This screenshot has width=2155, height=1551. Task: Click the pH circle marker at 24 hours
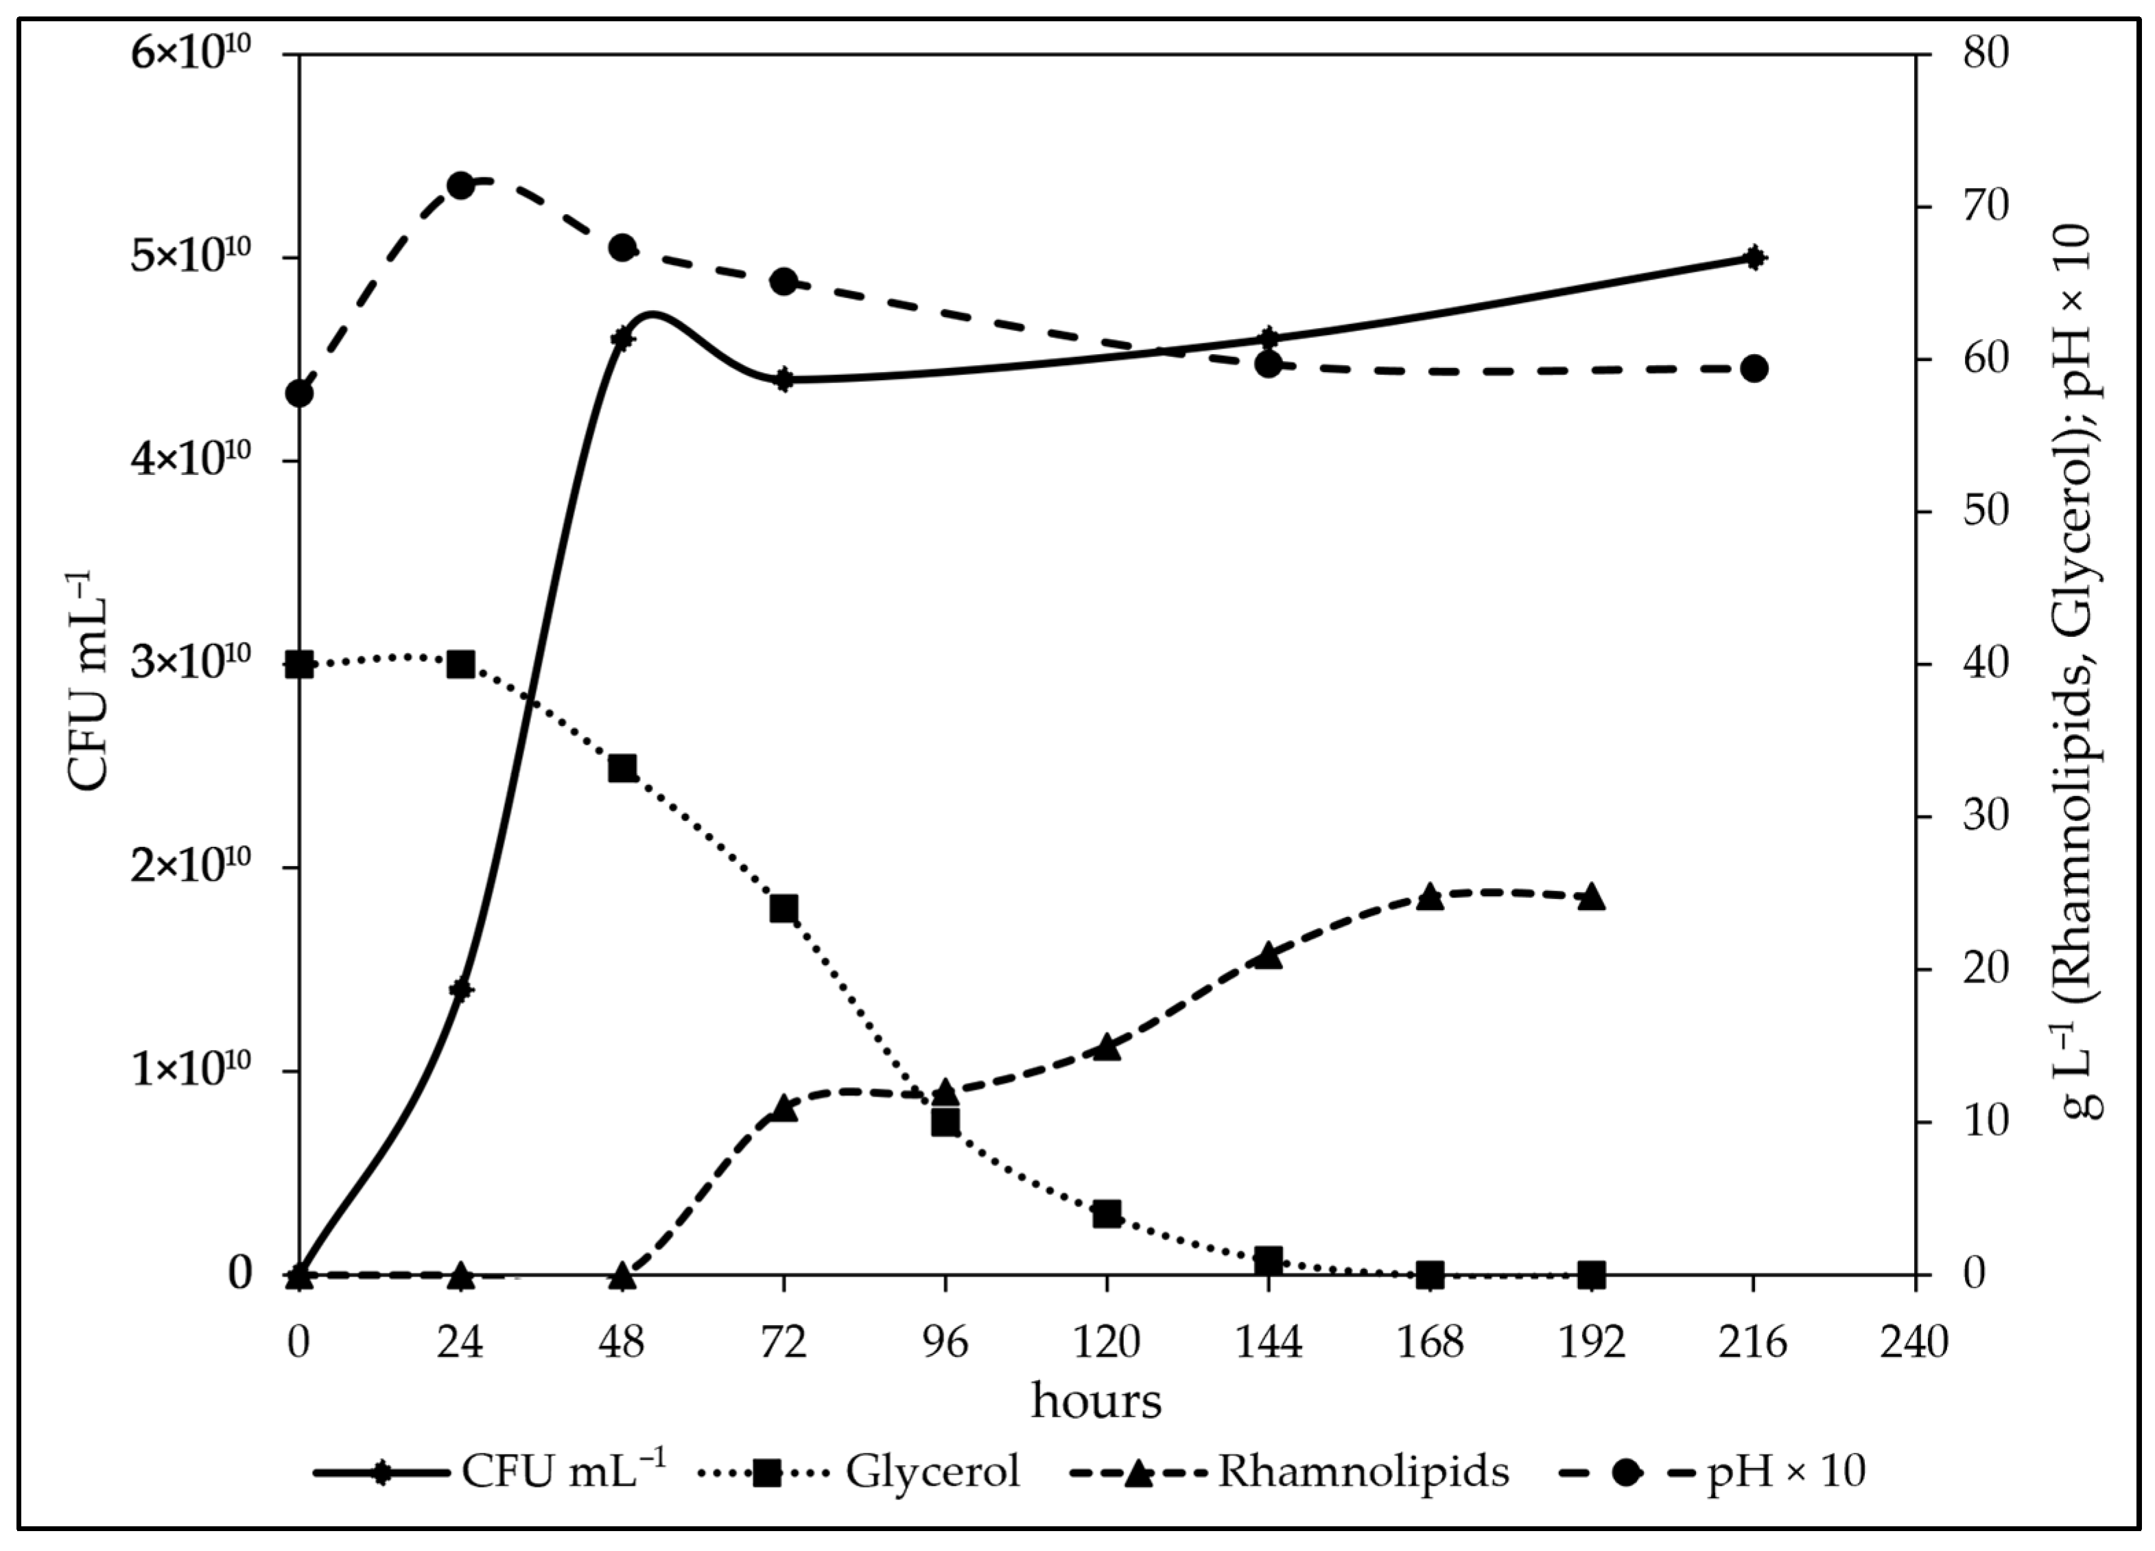(x=461, y=185)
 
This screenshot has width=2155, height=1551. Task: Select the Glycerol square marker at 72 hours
(x=784, y=909)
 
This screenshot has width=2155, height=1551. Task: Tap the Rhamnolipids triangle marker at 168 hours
(x=1430, y=896)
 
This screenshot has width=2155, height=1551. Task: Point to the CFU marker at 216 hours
(x=1754, y=257)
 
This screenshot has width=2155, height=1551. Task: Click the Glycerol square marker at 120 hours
(x=1107, y=1213)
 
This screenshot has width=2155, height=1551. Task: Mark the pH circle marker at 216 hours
(x=1754, y=369)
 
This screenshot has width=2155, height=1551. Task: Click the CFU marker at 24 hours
(x=461, y=990)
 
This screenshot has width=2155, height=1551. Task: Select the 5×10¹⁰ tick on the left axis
(x=190, y=257)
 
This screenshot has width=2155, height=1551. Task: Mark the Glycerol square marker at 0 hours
(x=299, y=664)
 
